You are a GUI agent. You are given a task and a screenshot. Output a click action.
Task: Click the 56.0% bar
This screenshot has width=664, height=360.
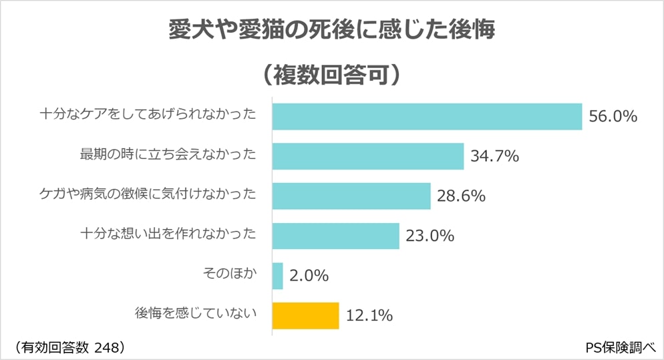pyautogui.click(x=427, y=116)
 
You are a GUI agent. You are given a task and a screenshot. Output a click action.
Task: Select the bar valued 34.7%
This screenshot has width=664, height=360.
pyautogui.click(x=368, y=156)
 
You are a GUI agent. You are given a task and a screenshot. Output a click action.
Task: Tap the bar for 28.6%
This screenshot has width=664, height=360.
pyautogui.click(x=351, y=196)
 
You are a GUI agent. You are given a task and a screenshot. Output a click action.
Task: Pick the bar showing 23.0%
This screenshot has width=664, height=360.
pyautogui.click(x=335, y=236)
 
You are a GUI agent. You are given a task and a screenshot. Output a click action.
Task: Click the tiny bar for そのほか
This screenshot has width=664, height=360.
pyautogui.click(x=278, y=276)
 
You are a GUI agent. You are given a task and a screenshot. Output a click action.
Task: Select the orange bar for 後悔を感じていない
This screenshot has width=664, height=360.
pyautogui.click(x=306, y=315)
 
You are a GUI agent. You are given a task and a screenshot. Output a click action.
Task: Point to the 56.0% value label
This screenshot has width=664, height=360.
pyautogui.click(x=613, y=117)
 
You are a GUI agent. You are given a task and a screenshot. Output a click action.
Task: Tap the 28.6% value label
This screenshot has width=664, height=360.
pyautogui.click(x=461, y=196)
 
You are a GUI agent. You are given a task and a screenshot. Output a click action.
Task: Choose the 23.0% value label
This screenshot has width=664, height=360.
pyautogui.click(x=430, y=236)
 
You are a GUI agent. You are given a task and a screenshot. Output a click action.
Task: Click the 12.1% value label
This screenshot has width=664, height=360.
pyautogui.click(x=368, y=316)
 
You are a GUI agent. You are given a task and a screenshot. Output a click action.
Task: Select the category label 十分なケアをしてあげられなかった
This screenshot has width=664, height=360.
pyautogui.click(x=148, y=114)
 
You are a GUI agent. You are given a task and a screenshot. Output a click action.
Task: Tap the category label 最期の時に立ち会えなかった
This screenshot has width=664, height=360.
pyautogui.click(x=168, y=154)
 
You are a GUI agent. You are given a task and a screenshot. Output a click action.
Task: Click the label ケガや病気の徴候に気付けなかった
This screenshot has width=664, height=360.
pyautogui.click(x=148, y=194)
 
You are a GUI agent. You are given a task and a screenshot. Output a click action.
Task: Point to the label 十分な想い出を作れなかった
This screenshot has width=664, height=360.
pyautogui.click(x=168, y=234)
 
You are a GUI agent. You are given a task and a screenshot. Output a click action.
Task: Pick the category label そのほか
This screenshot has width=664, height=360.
pyautogui.click(x=229, y=273)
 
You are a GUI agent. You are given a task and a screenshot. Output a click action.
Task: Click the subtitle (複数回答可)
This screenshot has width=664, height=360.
pyautogui.click(x=331, y=74)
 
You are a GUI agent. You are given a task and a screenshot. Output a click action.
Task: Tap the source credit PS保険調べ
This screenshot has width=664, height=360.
pyautogui.click(x=620, y=347)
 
